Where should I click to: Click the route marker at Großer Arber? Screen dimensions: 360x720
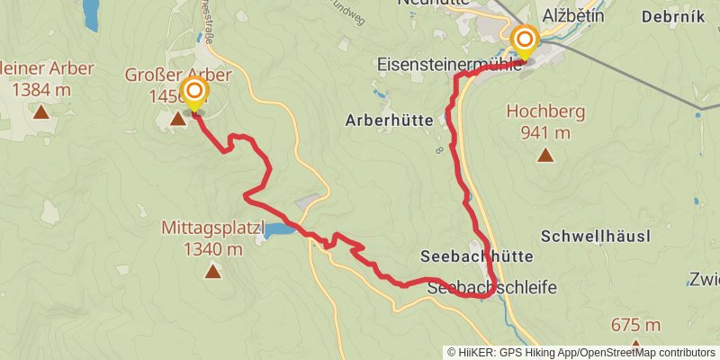(193, 93)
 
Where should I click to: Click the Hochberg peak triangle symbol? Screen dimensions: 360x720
(545, 156)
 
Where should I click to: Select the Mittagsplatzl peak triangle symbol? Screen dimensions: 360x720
(212, 270)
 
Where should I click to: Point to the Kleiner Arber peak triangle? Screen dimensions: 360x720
(40, 112)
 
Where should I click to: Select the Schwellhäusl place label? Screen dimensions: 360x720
(596, 236)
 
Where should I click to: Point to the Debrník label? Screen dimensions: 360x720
(673, 16)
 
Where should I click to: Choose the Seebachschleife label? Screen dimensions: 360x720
(492, 287)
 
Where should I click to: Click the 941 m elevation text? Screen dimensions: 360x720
(545, 132)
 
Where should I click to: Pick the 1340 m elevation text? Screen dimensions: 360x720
(212, 248)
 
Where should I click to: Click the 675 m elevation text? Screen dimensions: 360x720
(635, 325)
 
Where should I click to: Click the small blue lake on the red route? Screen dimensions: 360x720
(279, 230)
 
